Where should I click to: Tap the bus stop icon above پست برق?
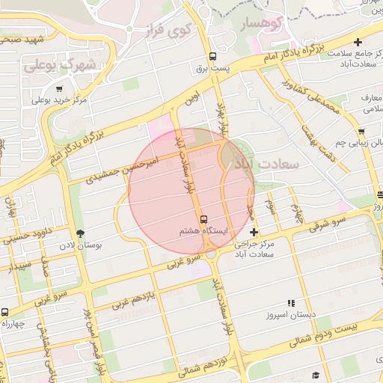point(214,56)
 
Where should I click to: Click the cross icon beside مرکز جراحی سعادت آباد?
point(254,232)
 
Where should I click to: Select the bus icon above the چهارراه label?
point(4,312)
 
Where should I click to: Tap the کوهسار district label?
point(263,25)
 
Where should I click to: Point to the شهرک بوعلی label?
point(60,65)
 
